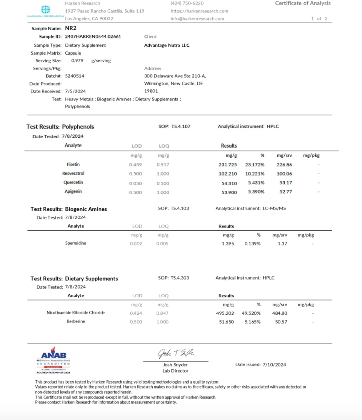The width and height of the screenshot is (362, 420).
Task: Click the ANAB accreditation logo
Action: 53,360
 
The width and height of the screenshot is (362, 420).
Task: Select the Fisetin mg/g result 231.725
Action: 228,165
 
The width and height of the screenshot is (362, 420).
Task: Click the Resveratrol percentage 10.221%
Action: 255,174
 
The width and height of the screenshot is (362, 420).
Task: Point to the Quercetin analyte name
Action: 73,182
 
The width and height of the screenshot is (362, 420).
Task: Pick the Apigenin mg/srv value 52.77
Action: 286,192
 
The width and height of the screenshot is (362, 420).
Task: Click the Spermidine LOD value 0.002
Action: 136,244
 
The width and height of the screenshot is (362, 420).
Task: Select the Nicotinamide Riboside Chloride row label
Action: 76,313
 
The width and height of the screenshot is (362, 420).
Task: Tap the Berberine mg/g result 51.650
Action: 226,322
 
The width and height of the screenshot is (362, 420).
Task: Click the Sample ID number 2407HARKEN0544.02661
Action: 93,37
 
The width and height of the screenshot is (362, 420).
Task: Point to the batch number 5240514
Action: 75,76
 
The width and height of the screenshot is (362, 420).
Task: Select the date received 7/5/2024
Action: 75,91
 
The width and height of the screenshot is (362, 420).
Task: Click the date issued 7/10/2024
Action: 274,365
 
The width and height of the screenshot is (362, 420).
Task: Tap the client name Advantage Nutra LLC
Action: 167,45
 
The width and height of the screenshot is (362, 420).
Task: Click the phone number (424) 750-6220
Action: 187,3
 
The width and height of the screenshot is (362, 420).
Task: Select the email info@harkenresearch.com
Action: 197,18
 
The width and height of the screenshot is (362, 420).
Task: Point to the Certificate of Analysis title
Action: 303,3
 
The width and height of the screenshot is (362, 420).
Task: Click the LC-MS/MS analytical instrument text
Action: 274,208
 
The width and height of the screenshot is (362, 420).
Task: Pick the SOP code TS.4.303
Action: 180,278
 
